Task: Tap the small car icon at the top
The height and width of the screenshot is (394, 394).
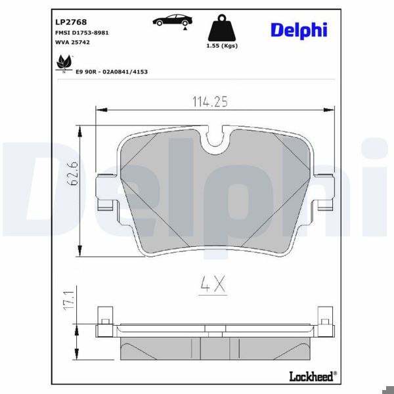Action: tap(169, 20)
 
